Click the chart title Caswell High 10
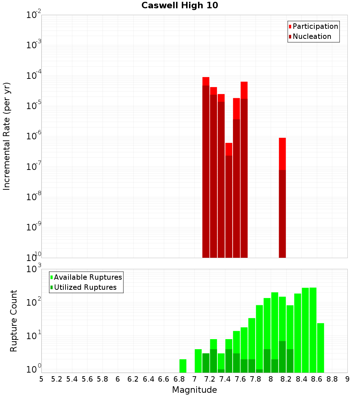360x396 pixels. [180, 5]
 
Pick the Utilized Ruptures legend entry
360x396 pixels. [85, 287]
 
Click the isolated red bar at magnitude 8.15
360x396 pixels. [282, 198]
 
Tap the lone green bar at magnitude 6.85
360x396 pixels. [183, 366]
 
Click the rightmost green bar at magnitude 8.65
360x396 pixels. [320, 348]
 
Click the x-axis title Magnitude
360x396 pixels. [194, 390]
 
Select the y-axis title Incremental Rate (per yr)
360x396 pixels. [7, 136]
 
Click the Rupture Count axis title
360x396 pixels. [14, 321]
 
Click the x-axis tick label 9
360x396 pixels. [347, 379]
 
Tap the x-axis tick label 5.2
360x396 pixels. [57, 379]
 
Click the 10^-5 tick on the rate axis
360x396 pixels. [34, 106]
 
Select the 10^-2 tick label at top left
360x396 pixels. [34, 15]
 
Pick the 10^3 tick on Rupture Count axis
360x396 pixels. [34, 269]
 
